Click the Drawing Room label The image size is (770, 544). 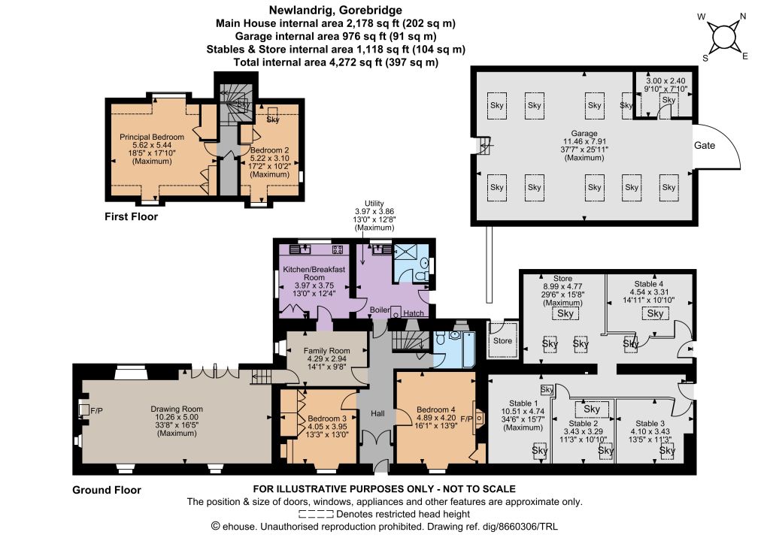[177, 409]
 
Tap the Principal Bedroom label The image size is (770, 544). [152, 138]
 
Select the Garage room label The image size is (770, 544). [584, 134]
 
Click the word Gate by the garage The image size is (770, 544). [704, 145]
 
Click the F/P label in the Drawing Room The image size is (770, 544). [97, 410]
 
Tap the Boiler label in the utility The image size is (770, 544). [380, 310]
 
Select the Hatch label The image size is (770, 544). [414, 313]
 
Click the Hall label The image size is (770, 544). [377, 413]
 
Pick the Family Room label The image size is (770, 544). [326, 351]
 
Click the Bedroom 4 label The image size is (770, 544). [436, 410]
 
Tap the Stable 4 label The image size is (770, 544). [649, 284]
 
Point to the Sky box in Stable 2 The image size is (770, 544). [592, 409]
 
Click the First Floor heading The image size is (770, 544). [131, 216]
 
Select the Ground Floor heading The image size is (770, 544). [107, 490]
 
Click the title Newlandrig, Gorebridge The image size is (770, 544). [335, 10]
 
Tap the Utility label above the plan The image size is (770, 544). [374, 204]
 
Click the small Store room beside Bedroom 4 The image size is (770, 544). [502, 340]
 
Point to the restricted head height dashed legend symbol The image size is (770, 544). [317, 514]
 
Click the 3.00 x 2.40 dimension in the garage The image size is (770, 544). [665, 81]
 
